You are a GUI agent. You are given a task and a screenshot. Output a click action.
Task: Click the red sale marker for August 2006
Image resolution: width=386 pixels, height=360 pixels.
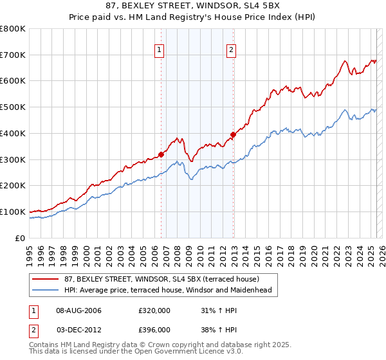(161, 154)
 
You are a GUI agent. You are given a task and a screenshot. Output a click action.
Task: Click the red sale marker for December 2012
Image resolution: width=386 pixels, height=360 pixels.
(233, 134)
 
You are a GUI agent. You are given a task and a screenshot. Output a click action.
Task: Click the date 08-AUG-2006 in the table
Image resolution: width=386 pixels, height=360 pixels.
(79, 310)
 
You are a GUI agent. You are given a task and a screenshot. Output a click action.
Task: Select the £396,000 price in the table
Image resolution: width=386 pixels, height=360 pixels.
(154, 330)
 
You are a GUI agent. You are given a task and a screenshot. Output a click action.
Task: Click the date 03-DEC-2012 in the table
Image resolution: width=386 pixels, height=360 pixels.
(79, 330)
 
